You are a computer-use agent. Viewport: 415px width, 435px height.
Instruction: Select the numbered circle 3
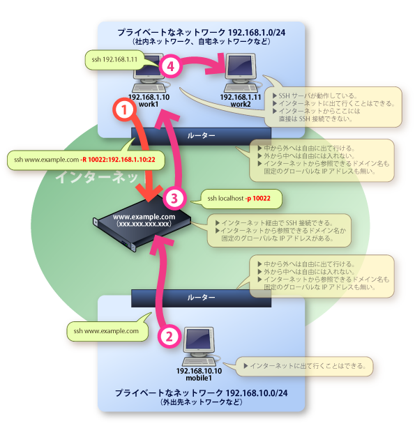point(176,197)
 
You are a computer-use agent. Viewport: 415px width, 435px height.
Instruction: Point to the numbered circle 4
point(170,66)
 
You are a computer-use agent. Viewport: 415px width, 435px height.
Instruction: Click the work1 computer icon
point(146,75)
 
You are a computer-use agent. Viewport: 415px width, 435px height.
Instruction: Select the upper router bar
point(201,134)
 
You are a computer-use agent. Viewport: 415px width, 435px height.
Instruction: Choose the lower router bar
point(201,297)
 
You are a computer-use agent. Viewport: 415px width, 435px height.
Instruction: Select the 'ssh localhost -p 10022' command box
point(243,199)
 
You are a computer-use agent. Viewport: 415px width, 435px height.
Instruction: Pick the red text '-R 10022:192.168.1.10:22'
point(117,160)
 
